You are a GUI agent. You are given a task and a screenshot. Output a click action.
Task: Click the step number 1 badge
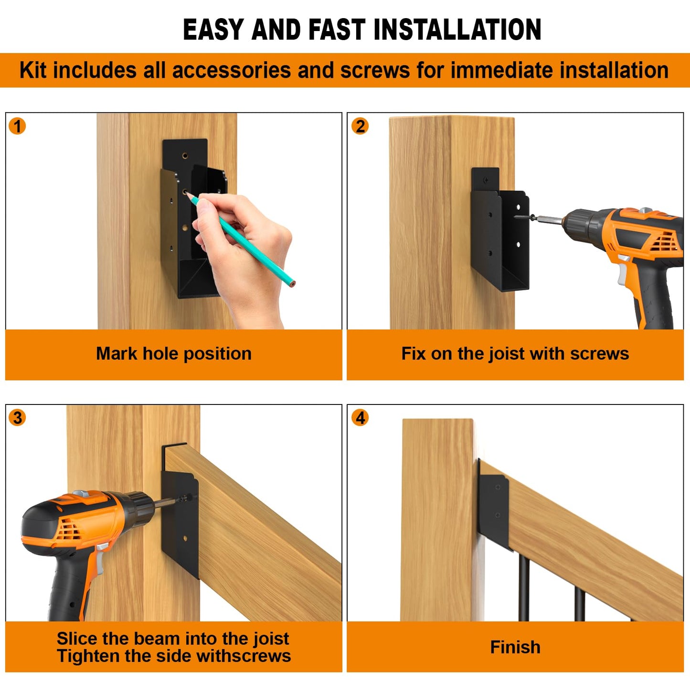pyautogui.click(x=18, y=127)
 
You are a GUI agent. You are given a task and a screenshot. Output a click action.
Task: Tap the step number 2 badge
pyautogui.click(x=360, y=127)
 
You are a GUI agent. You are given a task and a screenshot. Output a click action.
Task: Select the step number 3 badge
pyautogui.click(x=18, y=418)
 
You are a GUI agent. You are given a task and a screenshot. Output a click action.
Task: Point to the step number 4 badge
pyautogui.click(x=360, y=418)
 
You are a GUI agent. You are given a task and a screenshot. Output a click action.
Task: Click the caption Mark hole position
pyautogui.click(x=173, y=354)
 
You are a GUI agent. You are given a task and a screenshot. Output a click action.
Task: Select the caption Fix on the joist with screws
pyautogui.click(x=515, y=354)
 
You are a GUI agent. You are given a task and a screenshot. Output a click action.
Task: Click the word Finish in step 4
pyautogui.click(x=515, y=647)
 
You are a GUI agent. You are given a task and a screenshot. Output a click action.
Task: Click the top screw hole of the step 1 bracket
pyautogui.click(x=185, y=156)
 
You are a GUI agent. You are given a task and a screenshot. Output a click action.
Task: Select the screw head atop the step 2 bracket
pyautogui.click(x=486, y=180)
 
